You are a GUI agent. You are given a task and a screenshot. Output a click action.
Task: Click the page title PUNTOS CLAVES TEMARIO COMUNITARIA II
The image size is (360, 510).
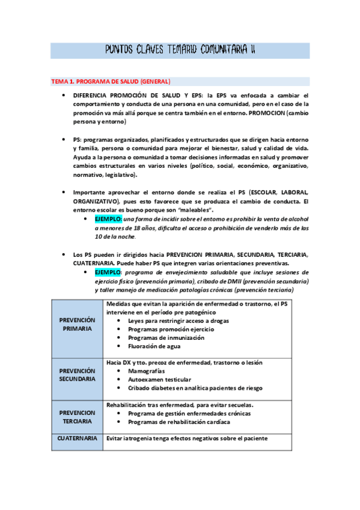point(180,50)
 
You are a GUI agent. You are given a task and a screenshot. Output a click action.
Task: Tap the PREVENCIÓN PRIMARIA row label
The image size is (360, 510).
point(77,325)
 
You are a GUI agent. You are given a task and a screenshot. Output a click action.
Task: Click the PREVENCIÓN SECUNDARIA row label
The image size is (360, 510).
point(77,375)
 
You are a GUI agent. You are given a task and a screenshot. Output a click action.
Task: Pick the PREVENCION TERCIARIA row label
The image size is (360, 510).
point(77,417)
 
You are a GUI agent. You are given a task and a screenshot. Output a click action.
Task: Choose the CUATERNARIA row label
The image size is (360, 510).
point(77,439)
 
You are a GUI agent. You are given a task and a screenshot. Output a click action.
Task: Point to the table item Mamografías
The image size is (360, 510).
point(147,371)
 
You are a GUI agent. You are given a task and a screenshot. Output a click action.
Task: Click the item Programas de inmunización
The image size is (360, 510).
point(166,338)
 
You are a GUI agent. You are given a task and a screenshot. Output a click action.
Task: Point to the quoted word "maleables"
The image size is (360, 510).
point(194,210)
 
